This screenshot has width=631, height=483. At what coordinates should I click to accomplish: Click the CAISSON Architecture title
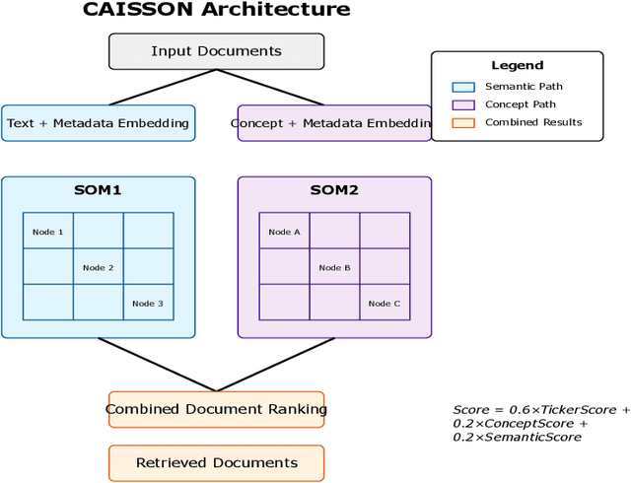(x=216, y=10)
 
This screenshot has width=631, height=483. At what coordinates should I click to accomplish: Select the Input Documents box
(x=216, y=51)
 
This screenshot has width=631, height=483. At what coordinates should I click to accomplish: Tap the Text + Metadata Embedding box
(x=97, y=123)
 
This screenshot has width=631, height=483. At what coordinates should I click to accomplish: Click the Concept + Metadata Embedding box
(x=334, y=123)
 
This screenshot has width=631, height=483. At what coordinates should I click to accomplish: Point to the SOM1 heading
(x=98, y=190)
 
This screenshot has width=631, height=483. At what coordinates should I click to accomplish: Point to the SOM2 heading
(x=334, y=190)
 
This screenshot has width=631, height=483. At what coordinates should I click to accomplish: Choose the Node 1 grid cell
(x=47, y=232)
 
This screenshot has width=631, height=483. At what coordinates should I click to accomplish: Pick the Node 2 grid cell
(x=98, y=267)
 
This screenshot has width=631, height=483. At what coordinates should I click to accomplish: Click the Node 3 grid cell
(x=148, y=303)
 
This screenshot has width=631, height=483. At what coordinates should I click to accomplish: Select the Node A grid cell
(x=284, y=232)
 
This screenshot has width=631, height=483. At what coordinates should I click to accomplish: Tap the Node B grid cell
(x=334, y=267)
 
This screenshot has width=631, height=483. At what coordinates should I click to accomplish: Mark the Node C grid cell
(x=385, y=303)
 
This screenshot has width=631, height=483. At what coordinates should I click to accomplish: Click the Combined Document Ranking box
(x=216, y=409)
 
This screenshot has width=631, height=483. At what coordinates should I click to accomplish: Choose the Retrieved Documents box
(x=216, y=462)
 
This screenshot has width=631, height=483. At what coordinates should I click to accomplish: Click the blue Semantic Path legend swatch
(x=463, y=87)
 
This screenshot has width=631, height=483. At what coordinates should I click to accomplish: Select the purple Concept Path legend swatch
(x=463, y=104)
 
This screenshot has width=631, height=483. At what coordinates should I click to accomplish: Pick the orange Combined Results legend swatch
(x=463, y=122)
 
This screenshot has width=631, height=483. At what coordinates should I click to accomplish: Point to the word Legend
(x=517, y=65)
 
